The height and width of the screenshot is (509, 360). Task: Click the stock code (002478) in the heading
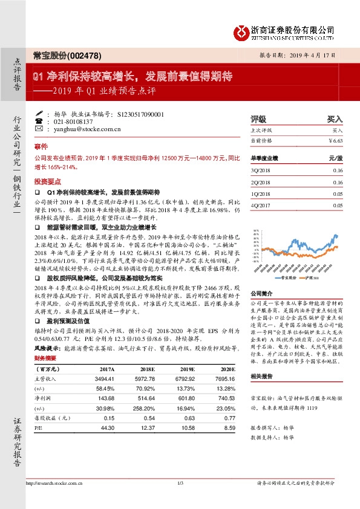[x=83, y=55]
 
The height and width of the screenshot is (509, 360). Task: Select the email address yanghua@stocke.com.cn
[x=86, y=129]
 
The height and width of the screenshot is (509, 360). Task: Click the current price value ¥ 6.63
[x=334, y=140]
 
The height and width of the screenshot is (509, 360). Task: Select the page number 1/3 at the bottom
[x=180, y=482]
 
